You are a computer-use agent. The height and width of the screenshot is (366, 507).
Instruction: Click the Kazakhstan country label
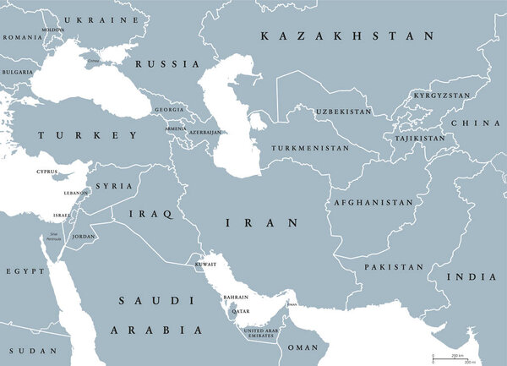(347, 36)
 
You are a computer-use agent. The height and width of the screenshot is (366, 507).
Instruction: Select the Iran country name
(261, 223)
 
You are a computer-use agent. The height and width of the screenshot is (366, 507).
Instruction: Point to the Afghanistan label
(373, 203)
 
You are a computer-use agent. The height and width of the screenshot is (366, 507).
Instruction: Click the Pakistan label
(394, 267)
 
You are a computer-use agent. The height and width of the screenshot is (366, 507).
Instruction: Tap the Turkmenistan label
(309, 148)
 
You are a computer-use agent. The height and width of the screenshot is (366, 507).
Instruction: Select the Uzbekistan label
(344, 112)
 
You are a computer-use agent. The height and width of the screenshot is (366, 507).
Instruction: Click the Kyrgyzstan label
(441, 96)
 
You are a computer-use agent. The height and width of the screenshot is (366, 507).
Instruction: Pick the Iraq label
(144, 215)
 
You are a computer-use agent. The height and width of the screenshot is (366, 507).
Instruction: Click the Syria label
(113, 186)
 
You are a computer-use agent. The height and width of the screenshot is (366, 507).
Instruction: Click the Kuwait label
(206, 265)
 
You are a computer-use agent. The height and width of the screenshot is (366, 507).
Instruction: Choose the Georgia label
(170, 109)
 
